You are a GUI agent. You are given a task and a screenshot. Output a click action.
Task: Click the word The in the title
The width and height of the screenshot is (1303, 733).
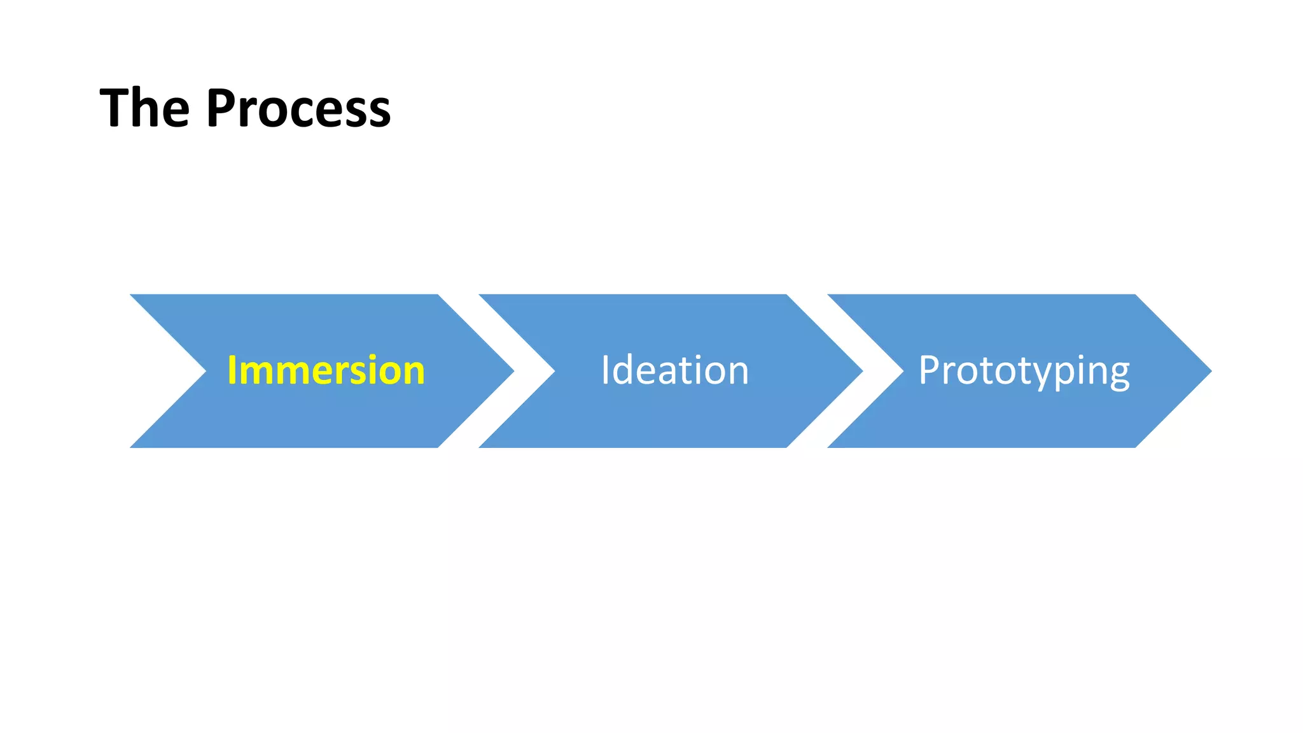145,108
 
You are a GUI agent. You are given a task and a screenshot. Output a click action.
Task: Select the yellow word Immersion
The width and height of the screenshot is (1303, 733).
326,370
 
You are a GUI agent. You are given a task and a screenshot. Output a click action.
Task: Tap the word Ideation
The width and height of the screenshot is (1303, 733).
674,370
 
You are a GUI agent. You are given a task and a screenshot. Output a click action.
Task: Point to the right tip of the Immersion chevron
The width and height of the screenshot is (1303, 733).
512,371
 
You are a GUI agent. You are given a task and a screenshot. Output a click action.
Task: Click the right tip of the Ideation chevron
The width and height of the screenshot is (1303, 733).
861,371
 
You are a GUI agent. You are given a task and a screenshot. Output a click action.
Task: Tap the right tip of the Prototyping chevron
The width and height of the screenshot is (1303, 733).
1209,371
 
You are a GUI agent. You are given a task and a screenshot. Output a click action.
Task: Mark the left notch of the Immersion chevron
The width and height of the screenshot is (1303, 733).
205,371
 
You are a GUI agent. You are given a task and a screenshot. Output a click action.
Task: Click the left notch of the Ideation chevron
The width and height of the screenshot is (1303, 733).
554,371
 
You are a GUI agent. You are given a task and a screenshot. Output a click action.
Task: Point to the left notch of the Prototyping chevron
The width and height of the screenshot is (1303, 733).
902,371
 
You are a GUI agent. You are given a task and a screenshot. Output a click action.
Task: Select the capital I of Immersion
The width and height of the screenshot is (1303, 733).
232,370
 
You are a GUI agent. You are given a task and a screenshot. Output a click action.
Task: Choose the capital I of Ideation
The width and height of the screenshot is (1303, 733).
606,370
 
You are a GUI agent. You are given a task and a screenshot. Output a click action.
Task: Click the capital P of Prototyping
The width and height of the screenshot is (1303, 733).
930,370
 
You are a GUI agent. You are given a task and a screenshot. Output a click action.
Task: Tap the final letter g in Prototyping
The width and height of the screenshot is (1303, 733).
1118,375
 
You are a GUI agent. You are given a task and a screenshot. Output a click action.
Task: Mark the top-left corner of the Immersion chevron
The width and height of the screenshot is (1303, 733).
132,296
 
